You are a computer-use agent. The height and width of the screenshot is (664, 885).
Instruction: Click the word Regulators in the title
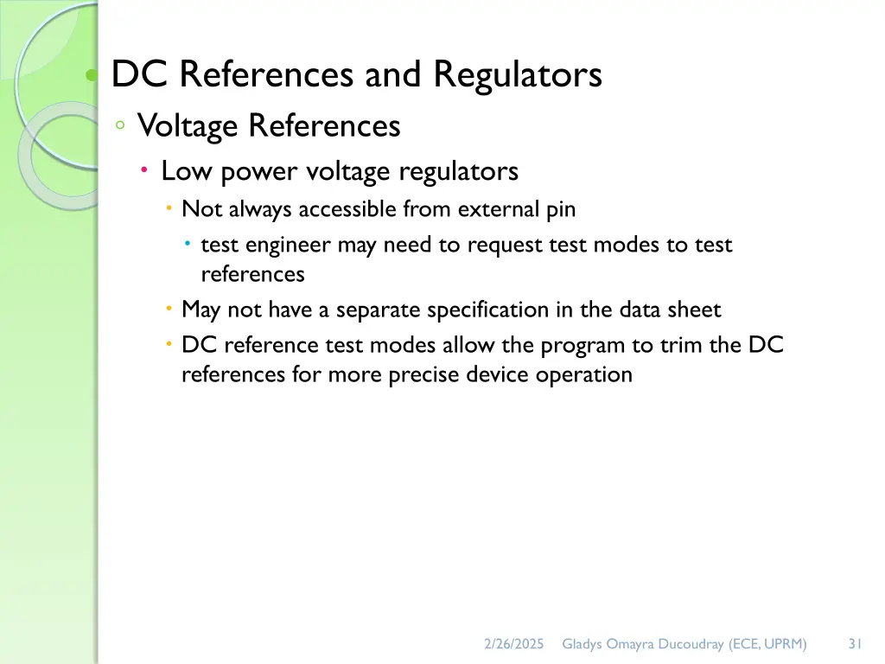click(x=518, y=75)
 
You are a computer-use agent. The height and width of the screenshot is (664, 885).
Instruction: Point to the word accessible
click(x=349, y=209)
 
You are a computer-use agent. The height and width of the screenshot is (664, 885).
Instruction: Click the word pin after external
click(x=561, y=209)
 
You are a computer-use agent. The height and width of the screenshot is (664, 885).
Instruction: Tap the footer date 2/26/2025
click(x=513, y=643)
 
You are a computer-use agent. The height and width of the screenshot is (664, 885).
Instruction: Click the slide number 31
click(x=856, y=643)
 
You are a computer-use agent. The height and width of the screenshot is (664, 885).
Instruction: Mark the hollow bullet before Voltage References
click(x=120, y=126)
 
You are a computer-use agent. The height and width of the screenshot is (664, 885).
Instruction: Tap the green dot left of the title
click(x=91, y=76)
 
